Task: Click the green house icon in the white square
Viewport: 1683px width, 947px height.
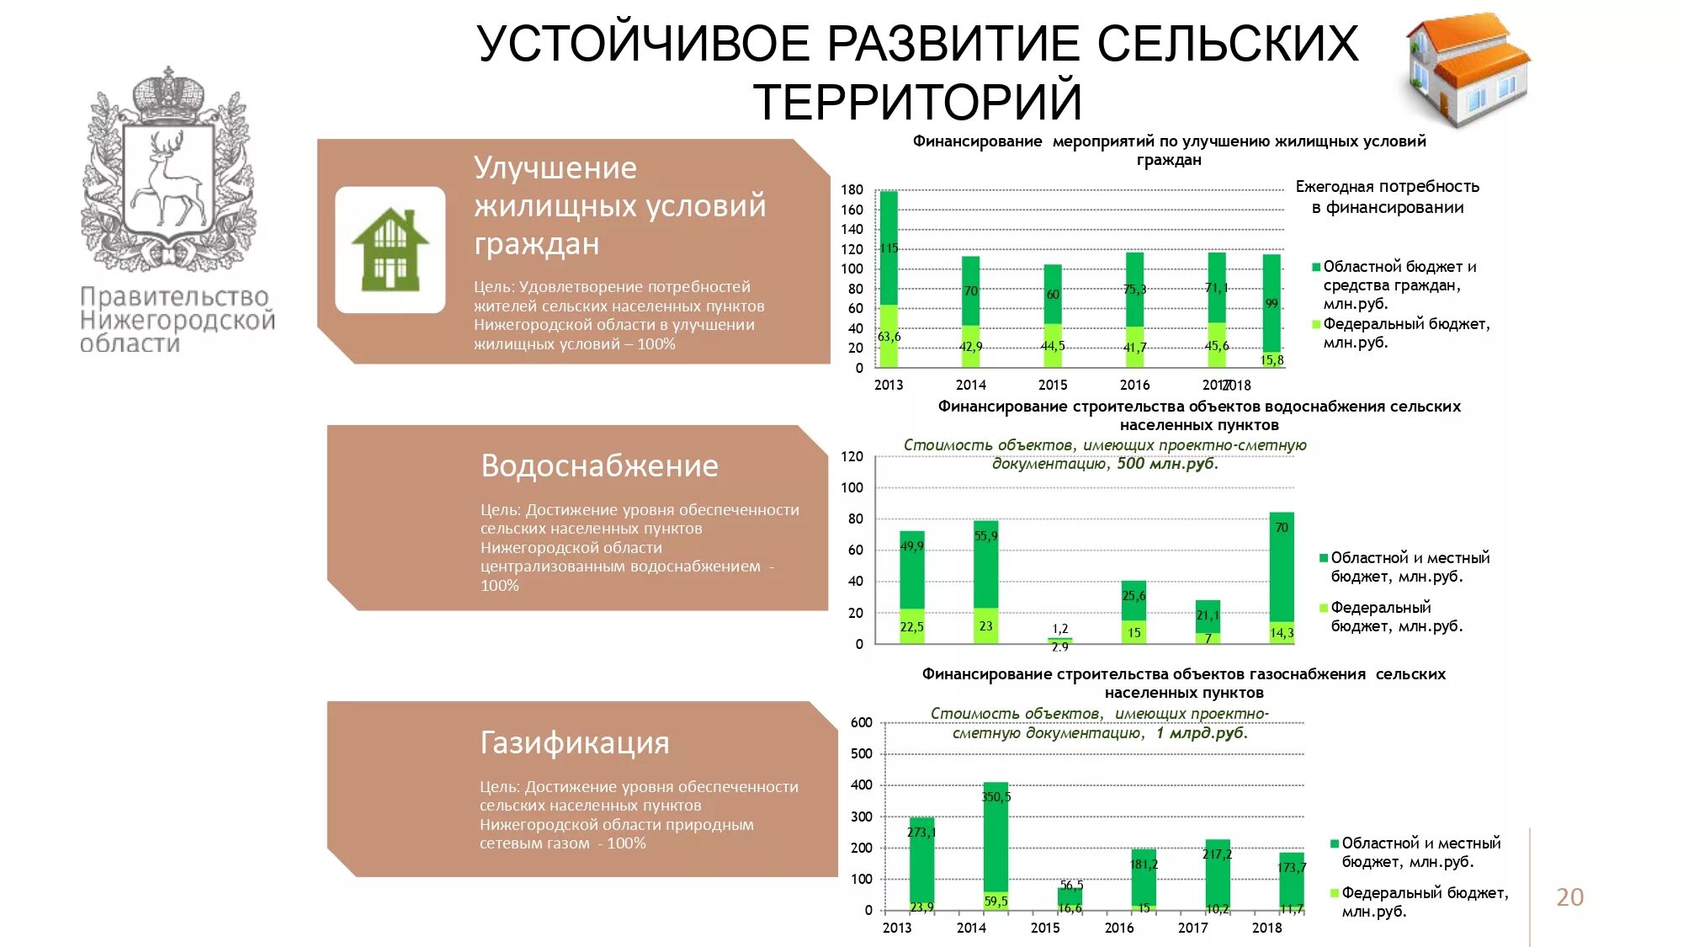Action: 390,249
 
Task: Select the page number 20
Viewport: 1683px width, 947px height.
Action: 1569,897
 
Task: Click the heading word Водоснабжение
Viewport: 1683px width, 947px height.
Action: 599,466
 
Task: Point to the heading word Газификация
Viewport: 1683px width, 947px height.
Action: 575,743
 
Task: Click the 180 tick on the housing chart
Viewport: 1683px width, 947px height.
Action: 852,190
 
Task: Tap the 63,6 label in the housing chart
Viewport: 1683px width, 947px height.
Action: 889,337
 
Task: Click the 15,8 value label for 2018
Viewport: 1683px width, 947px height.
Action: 1272,360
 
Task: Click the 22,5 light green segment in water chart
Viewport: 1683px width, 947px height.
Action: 911,627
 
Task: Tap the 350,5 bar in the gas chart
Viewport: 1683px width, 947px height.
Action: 995,833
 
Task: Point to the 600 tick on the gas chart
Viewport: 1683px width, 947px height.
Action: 861,722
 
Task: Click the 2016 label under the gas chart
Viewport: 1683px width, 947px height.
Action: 1118,928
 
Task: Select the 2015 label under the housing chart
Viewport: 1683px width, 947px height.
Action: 1052,385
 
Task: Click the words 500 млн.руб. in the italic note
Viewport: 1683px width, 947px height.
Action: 1167,464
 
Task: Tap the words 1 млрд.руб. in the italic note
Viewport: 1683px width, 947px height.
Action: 1201,733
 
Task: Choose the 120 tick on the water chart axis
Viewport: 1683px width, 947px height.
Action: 852,457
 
